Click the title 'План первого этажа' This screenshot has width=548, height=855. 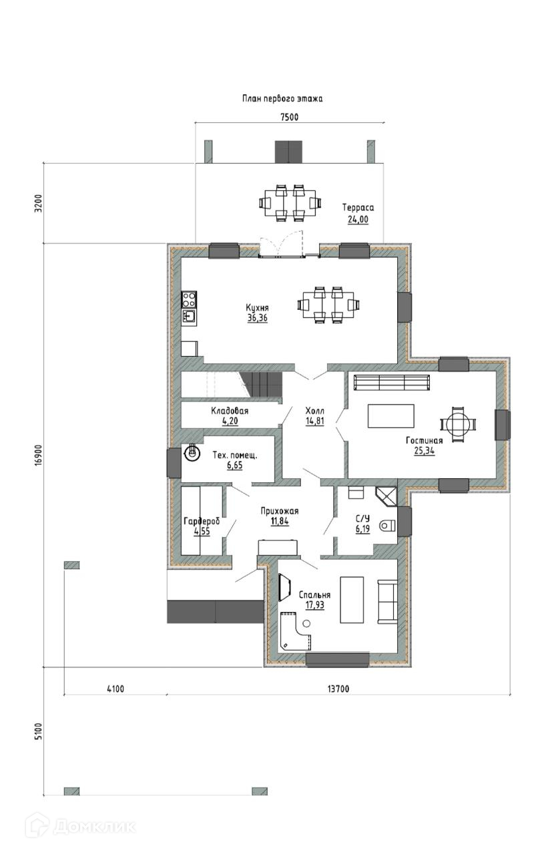click(x=282, y=99)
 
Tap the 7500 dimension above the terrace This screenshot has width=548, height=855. click(x=290, y=117)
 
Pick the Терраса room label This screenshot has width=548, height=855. click(x=358, y=208)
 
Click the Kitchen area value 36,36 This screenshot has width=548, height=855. click(x=258, y=318)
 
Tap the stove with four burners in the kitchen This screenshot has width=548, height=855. click(x=189, y=299)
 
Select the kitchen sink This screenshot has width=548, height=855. click(x=189, y=317)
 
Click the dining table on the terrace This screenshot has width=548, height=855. click(x=290, y=202)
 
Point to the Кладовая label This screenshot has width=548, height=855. click(x=230, y=411)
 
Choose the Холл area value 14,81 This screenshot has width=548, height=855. click(x=314, y=421)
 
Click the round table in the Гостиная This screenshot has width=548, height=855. click(x=458, y=424)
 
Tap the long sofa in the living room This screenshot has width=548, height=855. click(x=392, y=383)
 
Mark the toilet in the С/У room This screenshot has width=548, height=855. click(x=387, y=526)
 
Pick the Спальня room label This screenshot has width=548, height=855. click(x=314, y=594)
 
